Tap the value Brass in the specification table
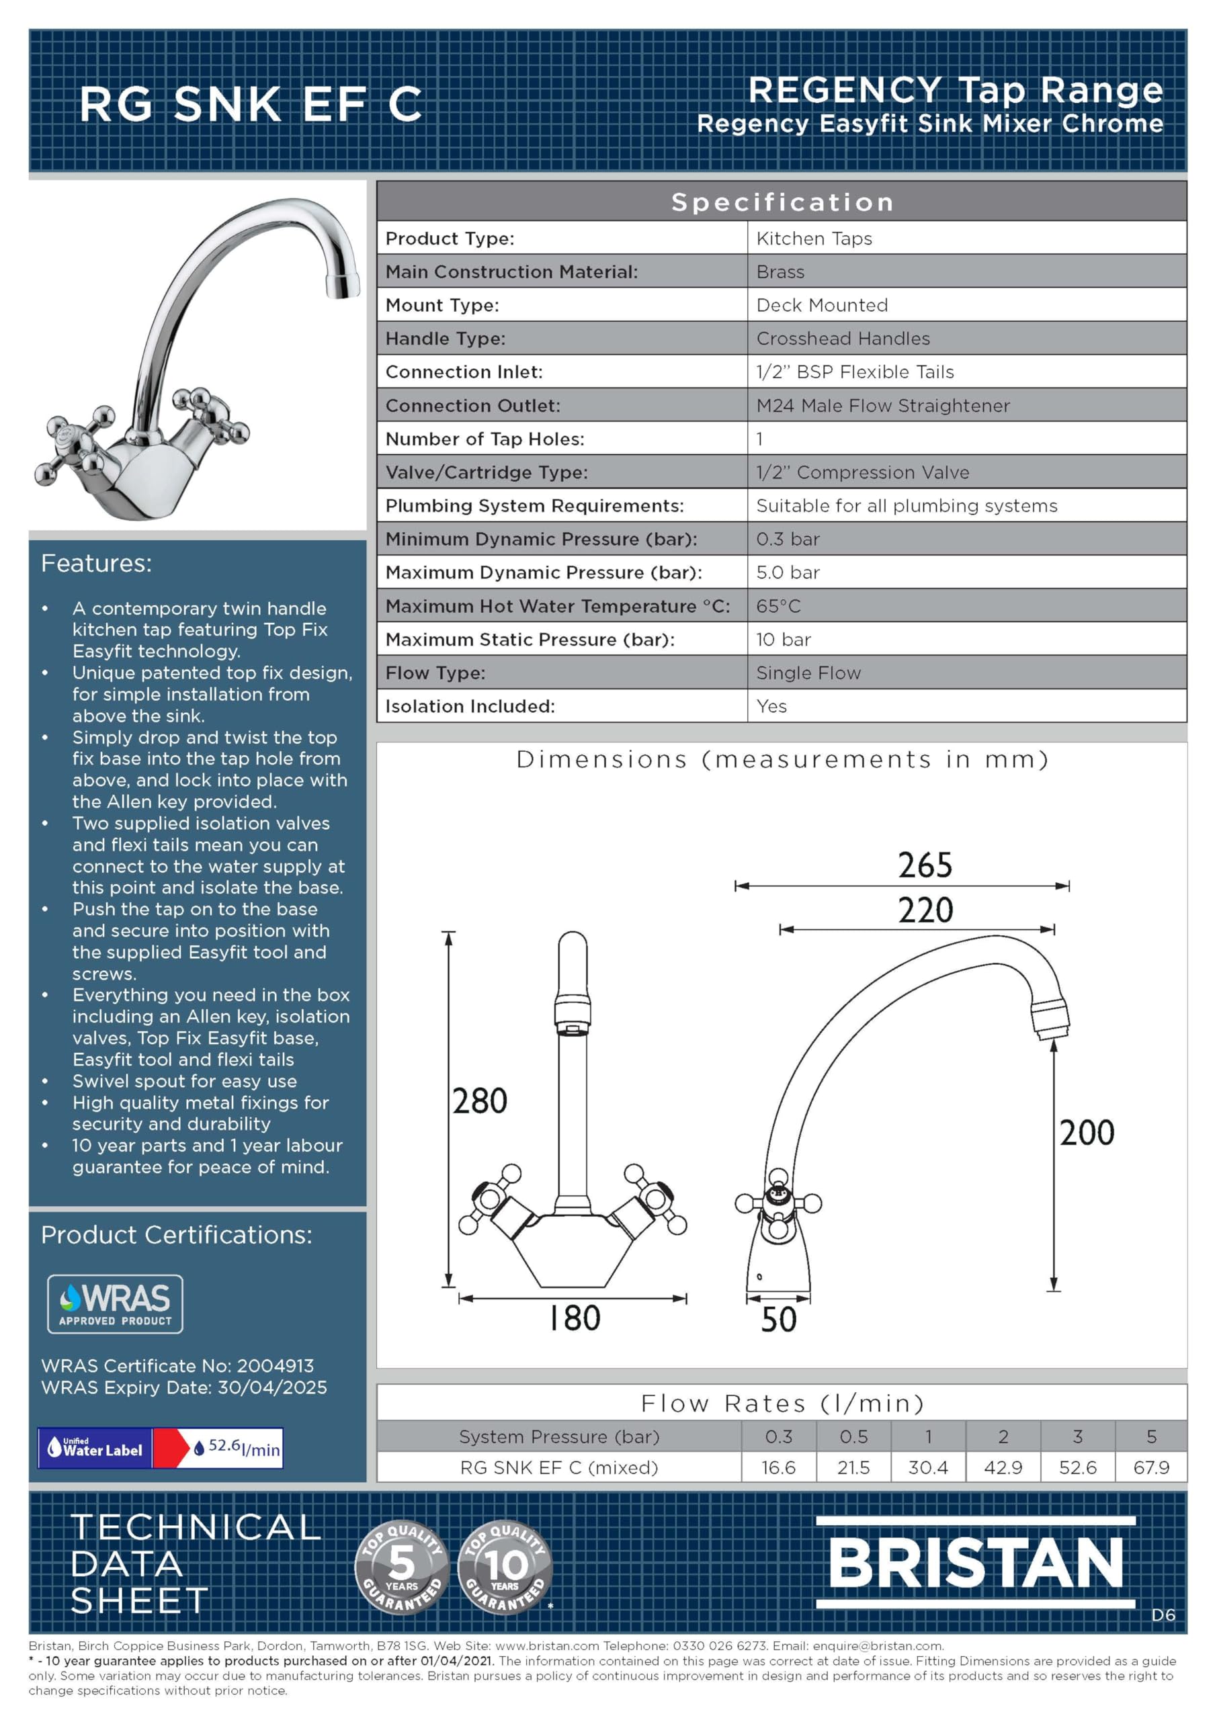780,272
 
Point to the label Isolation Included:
470,706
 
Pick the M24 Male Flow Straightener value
883,406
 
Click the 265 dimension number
925,865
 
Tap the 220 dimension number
925,910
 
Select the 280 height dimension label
480,1101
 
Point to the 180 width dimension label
574,1318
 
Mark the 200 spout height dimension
1087,1133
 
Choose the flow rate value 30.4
928,1467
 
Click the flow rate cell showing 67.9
1151,1467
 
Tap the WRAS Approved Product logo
115,1304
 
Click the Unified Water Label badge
161,1448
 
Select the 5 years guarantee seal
402,1567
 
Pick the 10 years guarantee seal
505,1567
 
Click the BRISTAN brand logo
976,1563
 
